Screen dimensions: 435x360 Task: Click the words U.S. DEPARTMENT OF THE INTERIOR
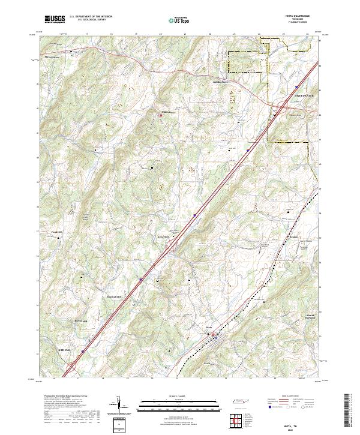tap(91, 16)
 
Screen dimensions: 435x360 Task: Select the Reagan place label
tap(293, 236)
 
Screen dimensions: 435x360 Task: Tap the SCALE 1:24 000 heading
tap(179, 396)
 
